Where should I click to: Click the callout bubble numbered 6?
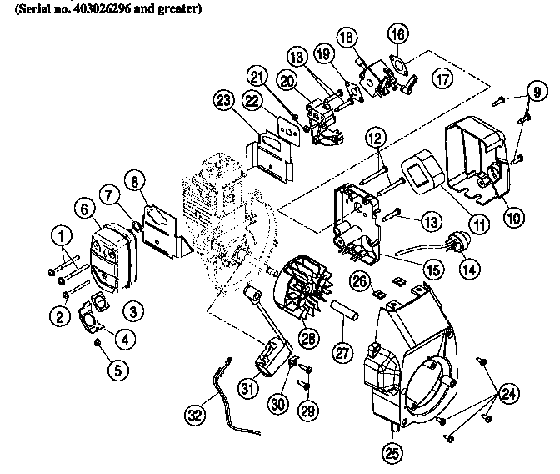click(x=84, y=208)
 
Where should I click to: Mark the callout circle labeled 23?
click(x=222, y=101)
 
